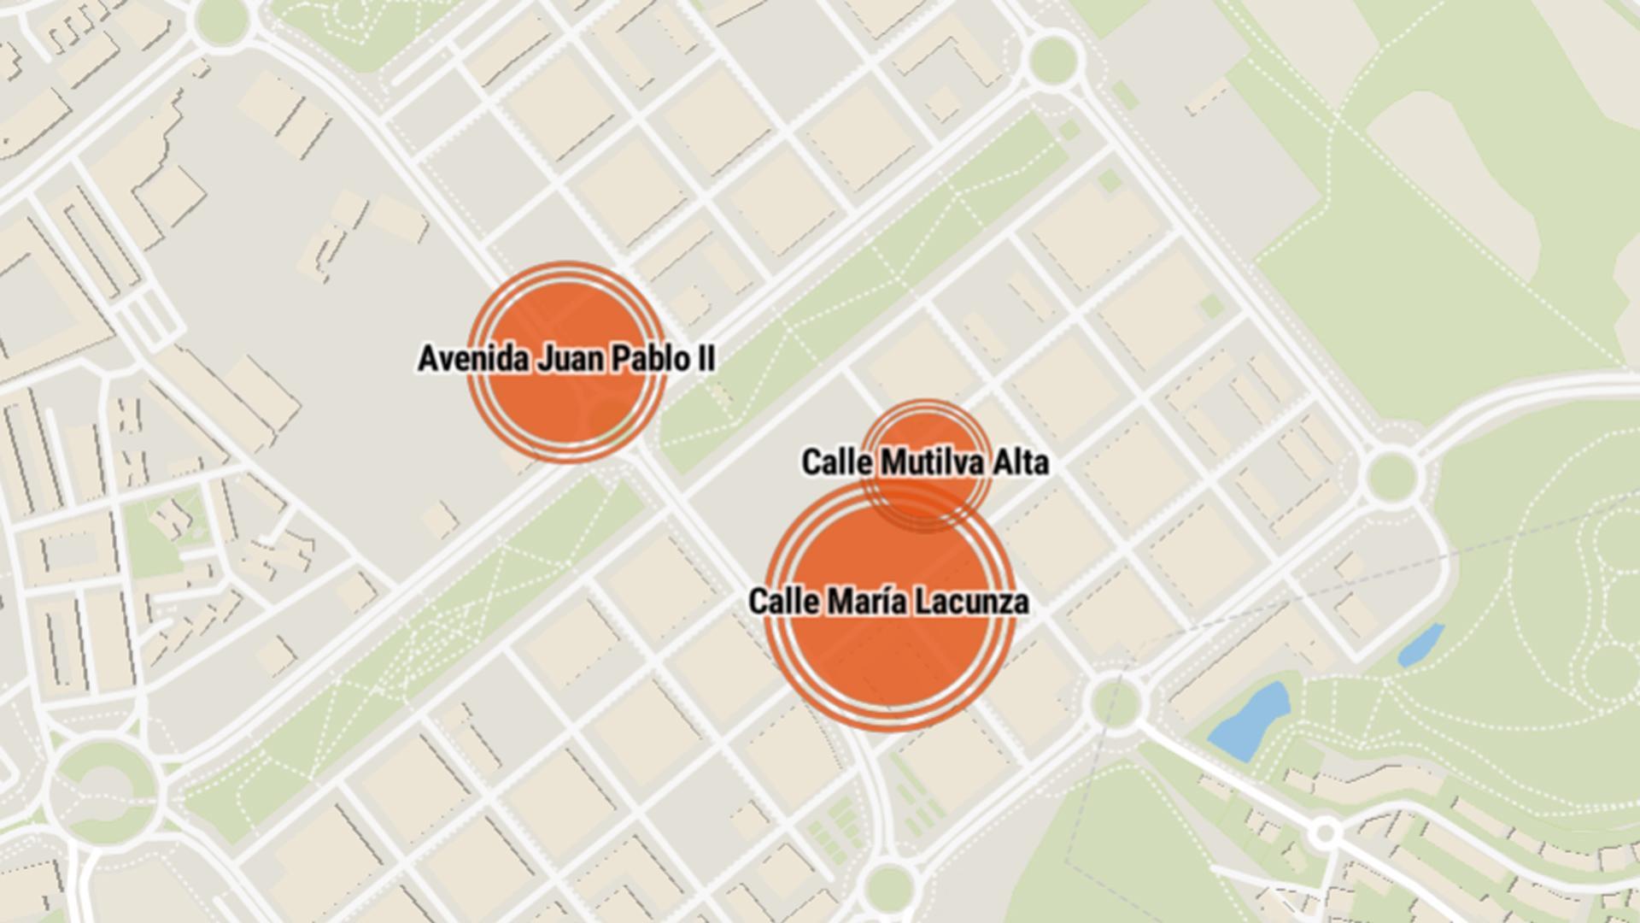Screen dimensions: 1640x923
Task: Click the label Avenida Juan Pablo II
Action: click(x=566, y=359)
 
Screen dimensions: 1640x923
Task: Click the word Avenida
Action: click(x=474, y=359)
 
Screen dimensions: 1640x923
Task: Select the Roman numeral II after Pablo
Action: click(x=706, y=359)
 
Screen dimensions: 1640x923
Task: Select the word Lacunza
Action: click(x=972, y=602)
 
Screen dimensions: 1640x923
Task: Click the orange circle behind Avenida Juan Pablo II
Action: click(x=566, y=402)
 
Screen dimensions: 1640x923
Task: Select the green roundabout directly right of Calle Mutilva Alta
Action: click(x=1391, y=475)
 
